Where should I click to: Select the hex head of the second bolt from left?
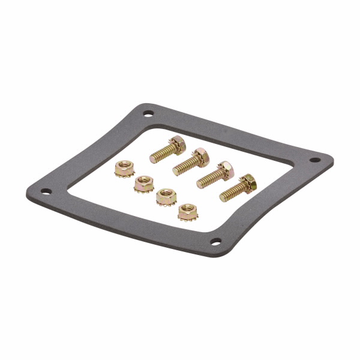click(197, 155)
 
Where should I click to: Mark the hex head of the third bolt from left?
click(225, 168)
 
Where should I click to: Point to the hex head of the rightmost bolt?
click(246, 182)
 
